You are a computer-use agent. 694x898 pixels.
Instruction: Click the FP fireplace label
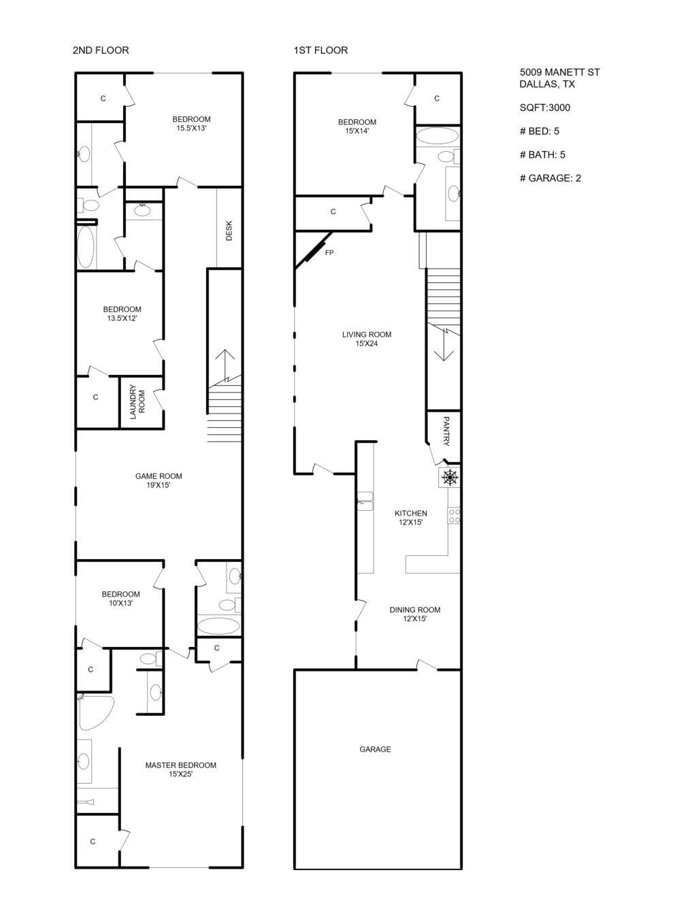329,253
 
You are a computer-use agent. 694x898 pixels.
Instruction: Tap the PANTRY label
446,431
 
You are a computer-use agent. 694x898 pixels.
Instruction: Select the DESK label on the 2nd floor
229,230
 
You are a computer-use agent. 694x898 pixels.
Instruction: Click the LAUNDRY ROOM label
137,403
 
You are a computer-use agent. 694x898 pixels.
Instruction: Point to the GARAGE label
375,749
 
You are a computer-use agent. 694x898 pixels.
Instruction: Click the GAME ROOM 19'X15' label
159,480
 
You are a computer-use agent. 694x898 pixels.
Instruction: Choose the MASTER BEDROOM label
180,769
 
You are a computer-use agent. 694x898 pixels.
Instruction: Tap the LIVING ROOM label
366,339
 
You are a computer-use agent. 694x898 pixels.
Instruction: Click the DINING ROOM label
414,614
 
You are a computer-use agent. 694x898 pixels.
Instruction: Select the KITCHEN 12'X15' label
411,518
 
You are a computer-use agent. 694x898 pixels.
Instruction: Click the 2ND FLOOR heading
101,50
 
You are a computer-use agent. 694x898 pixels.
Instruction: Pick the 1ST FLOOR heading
320,50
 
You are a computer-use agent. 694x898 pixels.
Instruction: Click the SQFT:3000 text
544,107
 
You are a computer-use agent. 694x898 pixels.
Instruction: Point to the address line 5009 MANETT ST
559,72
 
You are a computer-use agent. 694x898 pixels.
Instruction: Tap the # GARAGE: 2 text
550,178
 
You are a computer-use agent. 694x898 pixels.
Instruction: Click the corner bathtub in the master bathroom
93,712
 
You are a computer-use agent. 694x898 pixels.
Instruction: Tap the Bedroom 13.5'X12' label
122,314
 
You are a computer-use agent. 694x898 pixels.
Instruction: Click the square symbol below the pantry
450,478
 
